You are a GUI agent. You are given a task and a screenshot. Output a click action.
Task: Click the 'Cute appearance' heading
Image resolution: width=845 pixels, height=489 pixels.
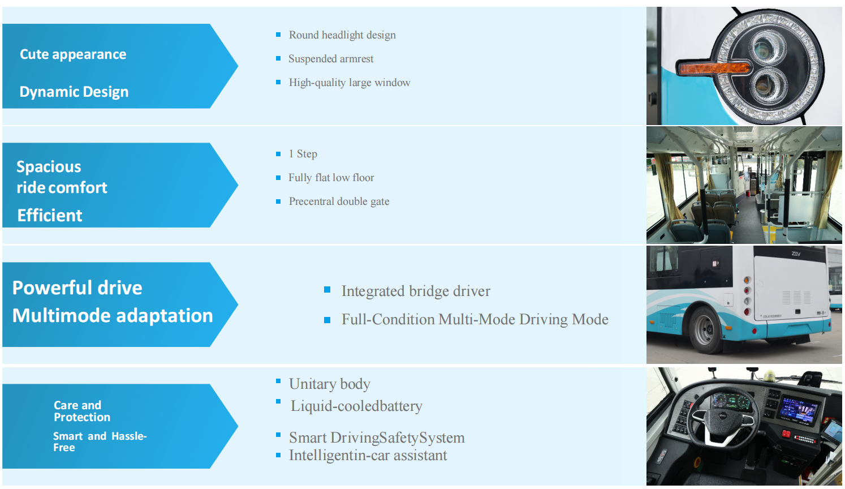(x=73, y=54)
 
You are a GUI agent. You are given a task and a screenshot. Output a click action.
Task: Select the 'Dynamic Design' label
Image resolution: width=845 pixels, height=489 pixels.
(x=74, y=92)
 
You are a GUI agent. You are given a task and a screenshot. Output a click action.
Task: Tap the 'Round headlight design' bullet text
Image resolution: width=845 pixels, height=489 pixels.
(x=342, y=35)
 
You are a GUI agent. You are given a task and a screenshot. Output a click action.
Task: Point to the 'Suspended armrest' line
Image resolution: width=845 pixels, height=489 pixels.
(x=331, y=59)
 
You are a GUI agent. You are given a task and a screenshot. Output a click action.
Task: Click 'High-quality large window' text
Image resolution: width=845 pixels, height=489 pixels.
(x=350, y=83)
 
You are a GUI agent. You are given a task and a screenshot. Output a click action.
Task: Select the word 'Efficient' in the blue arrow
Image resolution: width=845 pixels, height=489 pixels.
(x=50, y=216)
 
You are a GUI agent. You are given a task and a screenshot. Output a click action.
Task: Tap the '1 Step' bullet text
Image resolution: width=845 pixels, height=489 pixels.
(x=303, y=154)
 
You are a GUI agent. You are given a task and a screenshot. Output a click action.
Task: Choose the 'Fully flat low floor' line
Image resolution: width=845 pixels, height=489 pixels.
(x=331, y=178)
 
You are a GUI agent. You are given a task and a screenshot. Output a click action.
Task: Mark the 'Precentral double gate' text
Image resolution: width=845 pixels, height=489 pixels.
(x=339, y=201)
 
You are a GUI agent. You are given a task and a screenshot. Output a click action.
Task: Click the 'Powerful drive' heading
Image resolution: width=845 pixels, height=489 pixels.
(x=77, y=288)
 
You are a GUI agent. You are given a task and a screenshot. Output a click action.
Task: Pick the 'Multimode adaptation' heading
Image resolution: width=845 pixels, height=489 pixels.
(x=113, y=316)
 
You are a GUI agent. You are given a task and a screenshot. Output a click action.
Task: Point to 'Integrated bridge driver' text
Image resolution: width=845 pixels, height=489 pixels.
(x=416, y=291)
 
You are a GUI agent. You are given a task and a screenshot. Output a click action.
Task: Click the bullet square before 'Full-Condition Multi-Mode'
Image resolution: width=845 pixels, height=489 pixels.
(x=327, y=320)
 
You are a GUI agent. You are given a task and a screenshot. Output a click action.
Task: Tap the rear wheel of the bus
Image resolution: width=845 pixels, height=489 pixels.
(x=705, y=330)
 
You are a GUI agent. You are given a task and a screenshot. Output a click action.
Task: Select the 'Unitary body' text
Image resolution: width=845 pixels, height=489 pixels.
(x=330, y=384)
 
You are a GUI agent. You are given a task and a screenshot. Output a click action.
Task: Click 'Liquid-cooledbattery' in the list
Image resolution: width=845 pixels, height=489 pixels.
(x=356, y=406)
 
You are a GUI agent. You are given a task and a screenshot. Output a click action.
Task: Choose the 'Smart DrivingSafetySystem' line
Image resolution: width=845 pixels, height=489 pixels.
(x=377, y=438)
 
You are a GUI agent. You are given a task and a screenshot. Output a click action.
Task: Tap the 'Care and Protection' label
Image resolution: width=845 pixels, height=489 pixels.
(x=82, y=411)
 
